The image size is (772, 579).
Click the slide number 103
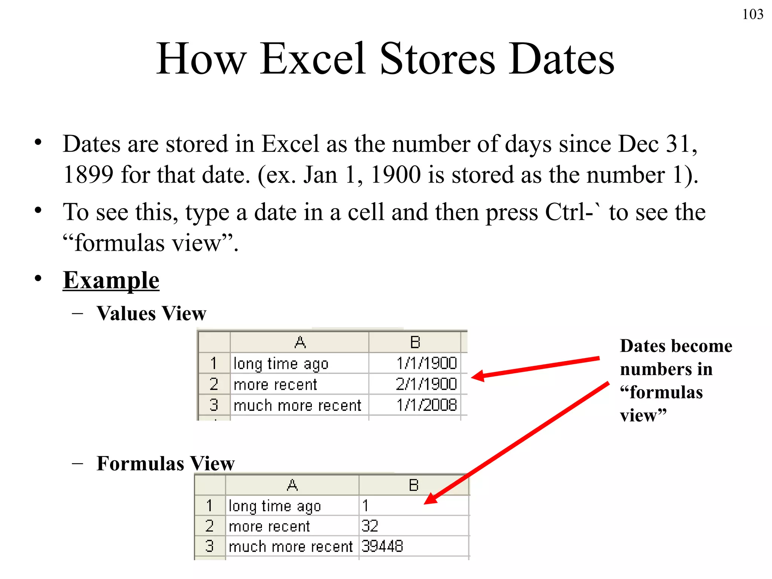coord(752,14)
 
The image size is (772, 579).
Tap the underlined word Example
coord(111,280)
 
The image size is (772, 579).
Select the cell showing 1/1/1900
coord(415,363)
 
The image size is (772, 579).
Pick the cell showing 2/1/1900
coord(415,384)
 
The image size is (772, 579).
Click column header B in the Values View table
coord(415,342)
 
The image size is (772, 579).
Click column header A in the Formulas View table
coord(292,485)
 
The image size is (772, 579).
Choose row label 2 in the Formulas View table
coord(210,526)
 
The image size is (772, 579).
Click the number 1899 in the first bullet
coord(88,175)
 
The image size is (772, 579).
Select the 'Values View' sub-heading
coord(151,313)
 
